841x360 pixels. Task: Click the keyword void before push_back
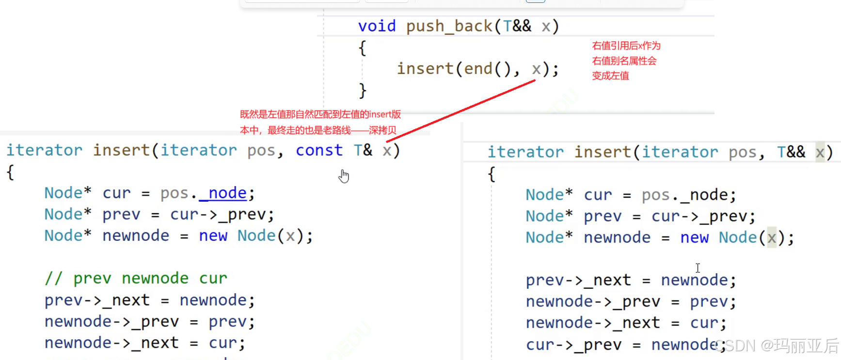click(377, 26)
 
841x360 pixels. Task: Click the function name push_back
click(449, 26)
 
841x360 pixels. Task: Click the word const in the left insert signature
click(319, 150)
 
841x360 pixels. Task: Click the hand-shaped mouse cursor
click(344, 176)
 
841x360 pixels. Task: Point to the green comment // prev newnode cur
click(136, 278)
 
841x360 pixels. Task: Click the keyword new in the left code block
click(213, 236)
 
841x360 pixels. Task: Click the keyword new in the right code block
click(694, 238)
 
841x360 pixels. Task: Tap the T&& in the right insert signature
click(791, 152)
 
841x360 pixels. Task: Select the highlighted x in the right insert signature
click(820, 152)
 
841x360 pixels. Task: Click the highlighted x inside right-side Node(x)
click(771, 238)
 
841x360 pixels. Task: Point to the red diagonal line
click(460, 111)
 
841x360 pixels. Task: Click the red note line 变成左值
click(610, 76)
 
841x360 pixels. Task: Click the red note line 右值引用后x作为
click(626, 46)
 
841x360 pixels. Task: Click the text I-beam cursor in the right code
click(698, 268)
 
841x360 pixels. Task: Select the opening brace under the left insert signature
click(10, 172)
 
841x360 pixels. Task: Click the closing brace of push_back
click(362, 91)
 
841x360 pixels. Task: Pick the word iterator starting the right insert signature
click(525, 152)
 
